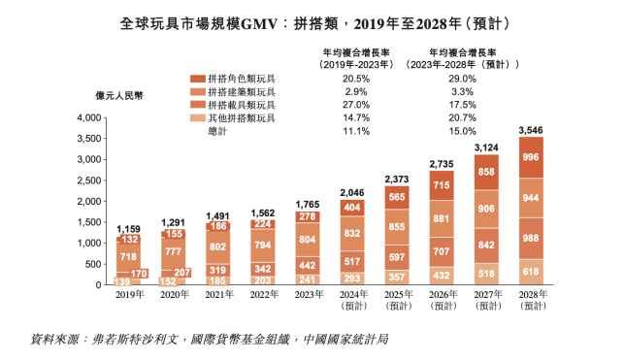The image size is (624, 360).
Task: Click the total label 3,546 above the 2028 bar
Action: (531, 129)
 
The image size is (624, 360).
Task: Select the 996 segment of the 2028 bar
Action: (531, 157)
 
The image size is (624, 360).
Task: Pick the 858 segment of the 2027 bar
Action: (486, 171)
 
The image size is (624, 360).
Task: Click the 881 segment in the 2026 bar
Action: (442, 219)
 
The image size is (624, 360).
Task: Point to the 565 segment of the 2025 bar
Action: (397, 195)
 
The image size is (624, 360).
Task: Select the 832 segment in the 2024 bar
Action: (352, 233)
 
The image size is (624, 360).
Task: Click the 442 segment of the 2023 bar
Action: (308, 265)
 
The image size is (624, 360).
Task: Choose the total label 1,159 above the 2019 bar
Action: (129, 227)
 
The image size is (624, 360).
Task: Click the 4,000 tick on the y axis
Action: (87, 117)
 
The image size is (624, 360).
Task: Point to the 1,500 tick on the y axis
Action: (87, 223)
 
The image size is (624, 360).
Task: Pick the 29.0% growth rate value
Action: (462, 78)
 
